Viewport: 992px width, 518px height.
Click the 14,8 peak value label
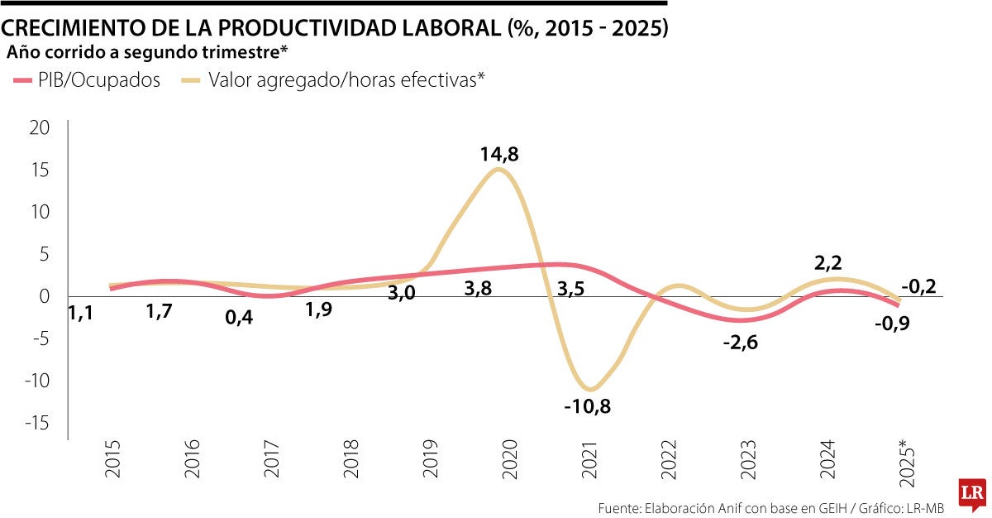click(499, 154)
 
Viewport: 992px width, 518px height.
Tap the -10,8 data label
click(588, 406)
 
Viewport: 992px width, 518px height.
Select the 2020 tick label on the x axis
click(509, 458)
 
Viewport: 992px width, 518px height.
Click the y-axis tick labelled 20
click(40, 127)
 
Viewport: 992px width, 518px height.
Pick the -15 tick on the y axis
click(36, 423)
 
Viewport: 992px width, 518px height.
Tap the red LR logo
click(972, 493)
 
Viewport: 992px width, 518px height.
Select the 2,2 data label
click(828, 263)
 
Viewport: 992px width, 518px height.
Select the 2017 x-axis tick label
click(271, 458)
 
